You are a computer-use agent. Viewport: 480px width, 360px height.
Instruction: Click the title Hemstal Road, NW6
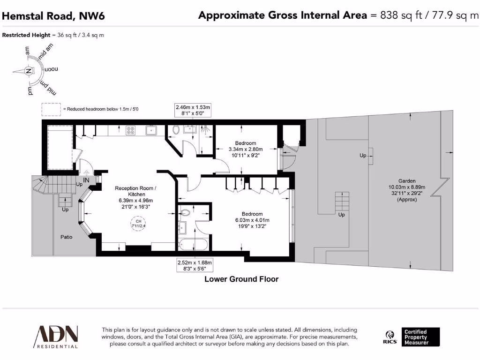click(53, 16)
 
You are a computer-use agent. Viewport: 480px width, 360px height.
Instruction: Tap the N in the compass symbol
click(29, 71)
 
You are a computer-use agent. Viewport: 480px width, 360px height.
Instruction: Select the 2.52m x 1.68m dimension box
click(195, 265)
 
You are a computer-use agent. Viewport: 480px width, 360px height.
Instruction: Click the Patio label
click(67, 237)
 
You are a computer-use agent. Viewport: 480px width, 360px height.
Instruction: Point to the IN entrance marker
click(86, 180)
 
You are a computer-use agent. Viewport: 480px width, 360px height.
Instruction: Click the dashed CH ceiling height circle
click(138, 224)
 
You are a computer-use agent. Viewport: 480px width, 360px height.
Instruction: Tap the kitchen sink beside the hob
click(151, 131)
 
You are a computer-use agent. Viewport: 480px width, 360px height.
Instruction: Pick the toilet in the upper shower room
click(176, 130)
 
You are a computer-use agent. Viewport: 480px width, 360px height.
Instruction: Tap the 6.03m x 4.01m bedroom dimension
click(252, 220)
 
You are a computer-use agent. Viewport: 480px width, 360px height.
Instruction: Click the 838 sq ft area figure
click(397, 16)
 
